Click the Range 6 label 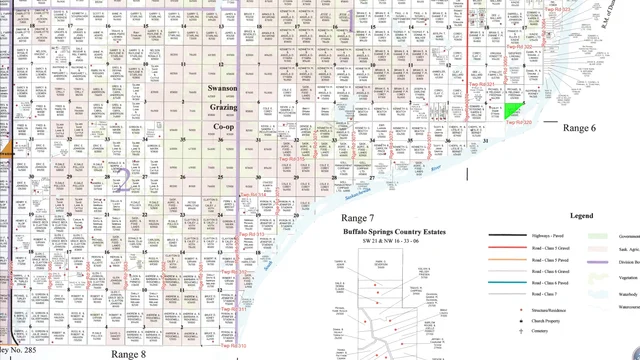[x=579, y=129]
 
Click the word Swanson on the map [x=222, y=88]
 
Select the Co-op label [x=223, y=127]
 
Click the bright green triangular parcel [x=514, y=110]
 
